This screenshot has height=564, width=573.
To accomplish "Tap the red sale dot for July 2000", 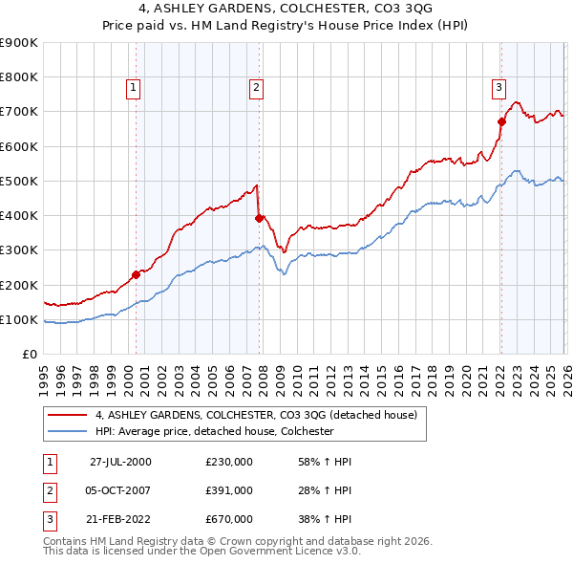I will [x=136, y=274].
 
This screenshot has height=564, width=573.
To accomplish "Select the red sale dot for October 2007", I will [x=259, y=218].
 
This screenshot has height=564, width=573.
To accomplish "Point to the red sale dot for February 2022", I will [x=500, y=121].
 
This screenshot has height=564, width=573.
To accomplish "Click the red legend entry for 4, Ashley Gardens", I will [x=256, y=416].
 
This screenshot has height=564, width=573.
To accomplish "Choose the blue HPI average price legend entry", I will [x=213, y=431].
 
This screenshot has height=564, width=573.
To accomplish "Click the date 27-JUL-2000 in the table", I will [x=120, y=462].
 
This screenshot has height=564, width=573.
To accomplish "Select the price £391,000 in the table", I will [x=229, y=490].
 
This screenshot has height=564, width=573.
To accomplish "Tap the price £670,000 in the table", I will [x=229, y=519].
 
